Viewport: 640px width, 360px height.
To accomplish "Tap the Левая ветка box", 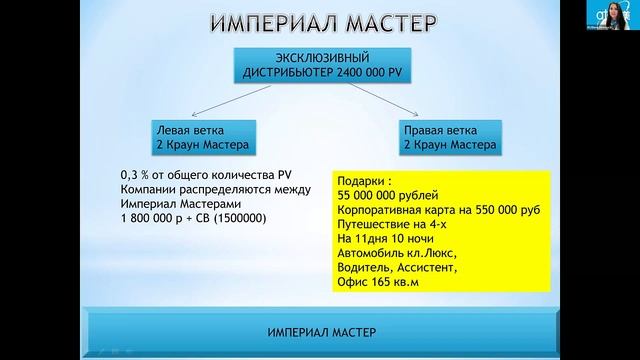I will point(196,136).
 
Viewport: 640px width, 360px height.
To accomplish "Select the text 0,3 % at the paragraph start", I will point(132,175).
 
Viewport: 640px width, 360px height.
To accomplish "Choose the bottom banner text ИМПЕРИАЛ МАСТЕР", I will point(319,330).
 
